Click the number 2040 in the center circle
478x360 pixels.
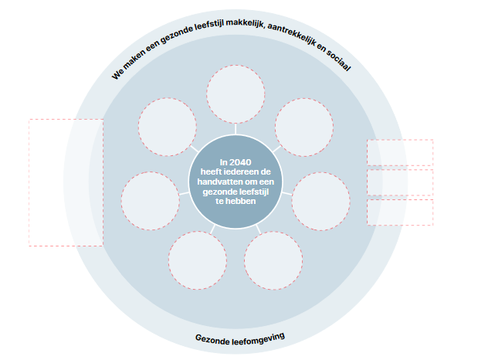tap(241, 161)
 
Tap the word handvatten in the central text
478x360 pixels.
tap(220, 182)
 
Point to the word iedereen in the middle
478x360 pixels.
tap(246, 172)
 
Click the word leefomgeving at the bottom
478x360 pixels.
tap(257, 338)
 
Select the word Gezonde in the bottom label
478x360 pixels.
tap(212, 338)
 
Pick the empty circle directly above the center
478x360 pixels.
tap(236, 93)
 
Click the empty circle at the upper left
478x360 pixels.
tap(168, 127)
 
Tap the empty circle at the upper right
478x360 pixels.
tap(304, 127)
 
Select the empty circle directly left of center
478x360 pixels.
tap(150, 199)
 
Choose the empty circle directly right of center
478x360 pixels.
tap(320, 201)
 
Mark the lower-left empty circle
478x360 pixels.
tap(197, 260)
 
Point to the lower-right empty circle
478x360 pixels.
tap(273, 260)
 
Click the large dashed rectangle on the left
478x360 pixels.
tap(66, 182)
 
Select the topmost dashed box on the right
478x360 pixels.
tap(399, 152)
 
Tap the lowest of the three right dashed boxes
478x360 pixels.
tap(399, 212)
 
